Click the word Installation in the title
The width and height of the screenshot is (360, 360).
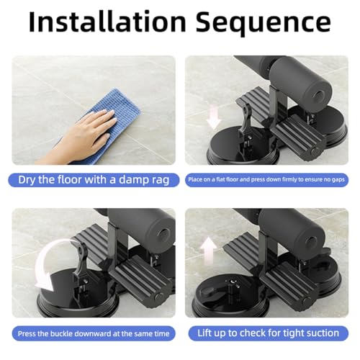coord(108,23)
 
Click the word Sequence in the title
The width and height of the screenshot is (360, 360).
coord(262,23)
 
